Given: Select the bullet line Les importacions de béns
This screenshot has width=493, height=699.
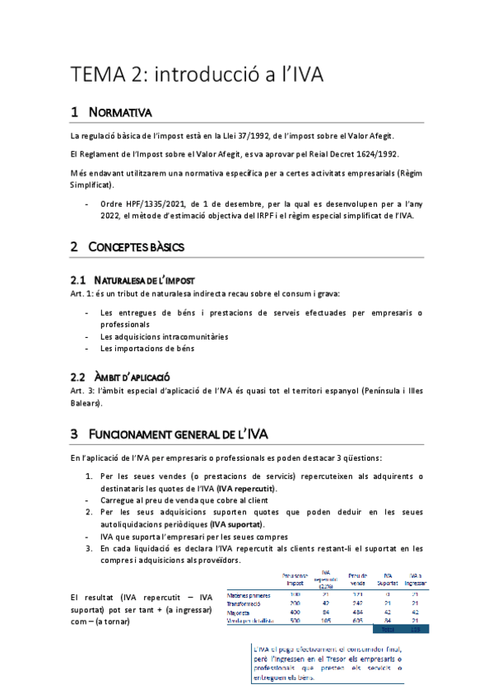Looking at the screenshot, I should (x=147, y=348).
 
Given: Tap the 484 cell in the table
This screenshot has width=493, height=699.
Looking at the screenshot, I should (x=357, y=612).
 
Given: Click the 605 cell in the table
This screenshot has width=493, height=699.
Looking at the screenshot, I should (x=357, y=621).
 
